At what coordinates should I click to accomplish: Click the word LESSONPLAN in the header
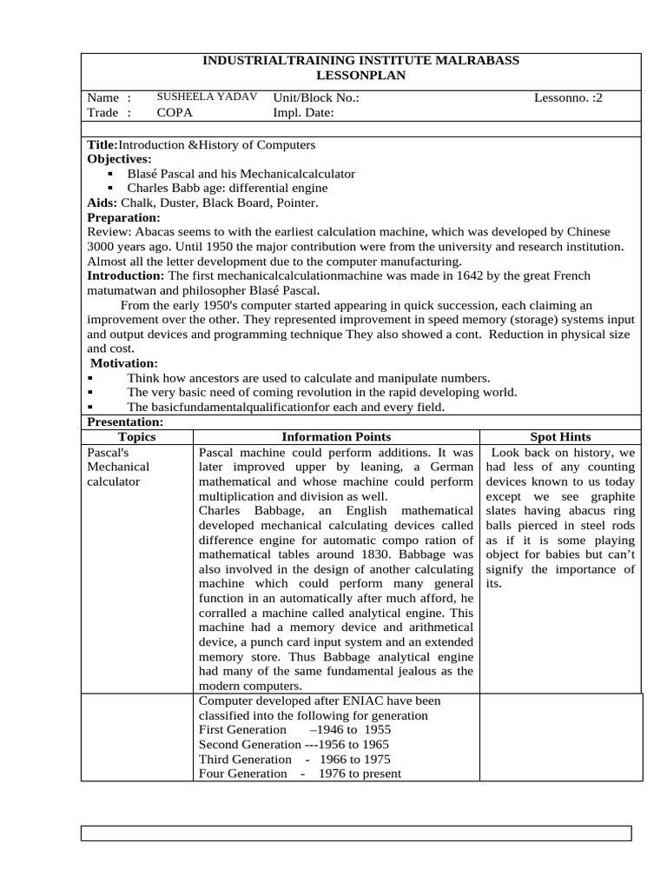pos(360,76)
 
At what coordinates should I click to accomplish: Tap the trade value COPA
pos(175,113)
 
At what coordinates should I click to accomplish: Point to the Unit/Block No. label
pos(315,98)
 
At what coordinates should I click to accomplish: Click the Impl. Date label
pos(303,113)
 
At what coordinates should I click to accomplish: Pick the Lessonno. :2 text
pos(567,98)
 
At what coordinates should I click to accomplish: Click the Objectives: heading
pos(120,159)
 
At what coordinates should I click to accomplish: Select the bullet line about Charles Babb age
pos(227,188)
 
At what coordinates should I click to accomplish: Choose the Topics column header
pos(136,436)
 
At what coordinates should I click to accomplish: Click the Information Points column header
pos(336,436)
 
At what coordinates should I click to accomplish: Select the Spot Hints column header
pos(560,436)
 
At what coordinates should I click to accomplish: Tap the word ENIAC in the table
pos(357,701)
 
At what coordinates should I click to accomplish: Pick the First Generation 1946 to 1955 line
pos(294,729)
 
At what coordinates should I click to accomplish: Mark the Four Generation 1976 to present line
pos(300,773)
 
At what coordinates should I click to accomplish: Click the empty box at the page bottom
pos(356,834)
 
